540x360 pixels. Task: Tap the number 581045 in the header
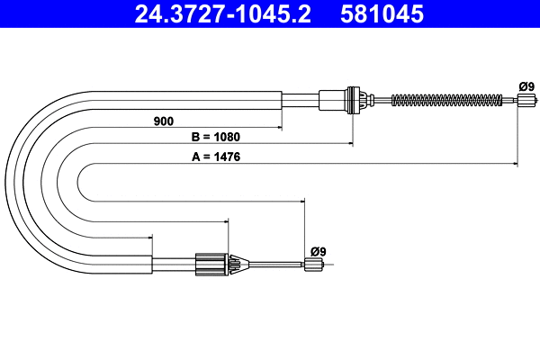coord(381,15)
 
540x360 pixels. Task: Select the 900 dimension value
coord(163,120)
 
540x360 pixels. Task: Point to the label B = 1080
coord(215,138)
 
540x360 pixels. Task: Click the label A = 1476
coord(215,157)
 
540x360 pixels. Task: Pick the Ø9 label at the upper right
coord(526,86)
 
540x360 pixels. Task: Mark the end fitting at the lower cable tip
coord(314,265)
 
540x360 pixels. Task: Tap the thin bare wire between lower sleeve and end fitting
coord(274,264)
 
